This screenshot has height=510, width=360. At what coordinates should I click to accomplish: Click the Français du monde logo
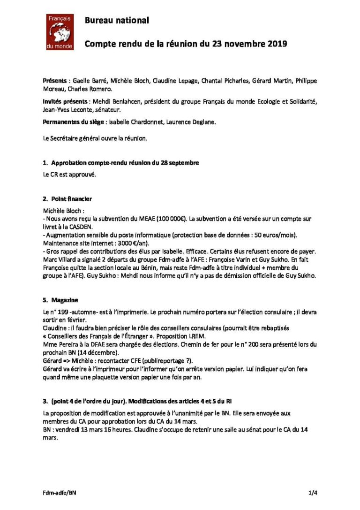59,32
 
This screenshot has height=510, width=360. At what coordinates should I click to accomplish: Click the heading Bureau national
117,20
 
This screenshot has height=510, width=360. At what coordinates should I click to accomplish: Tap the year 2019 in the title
270,44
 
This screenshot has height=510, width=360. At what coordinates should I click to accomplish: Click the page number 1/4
313,493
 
